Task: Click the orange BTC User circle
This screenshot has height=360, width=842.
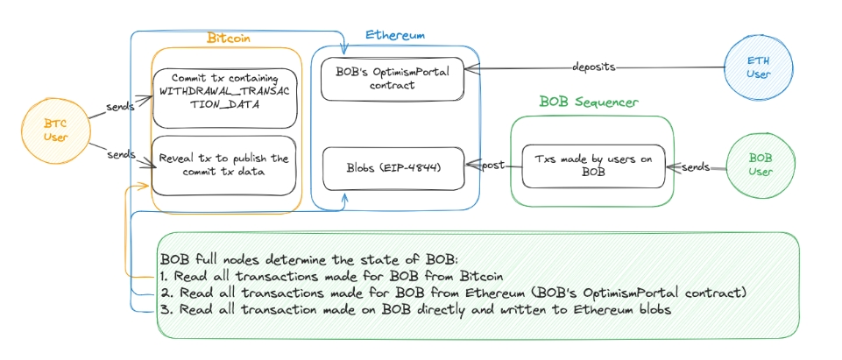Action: tap(44, 132)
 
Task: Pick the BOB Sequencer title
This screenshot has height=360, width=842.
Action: tap(588, 102)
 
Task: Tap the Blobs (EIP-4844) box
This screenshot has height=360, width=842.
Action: tap(393, 168)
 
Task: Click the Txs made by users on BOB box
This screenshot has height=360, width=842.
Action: tap(592, 166)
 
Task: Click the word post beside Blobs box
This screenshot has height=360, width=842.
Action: tap(492, 166)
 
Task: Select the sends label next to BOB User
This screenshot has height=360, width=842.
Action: tap(697, 166)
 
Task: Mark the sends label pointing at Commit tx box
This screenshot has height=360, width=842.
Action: tap(121, 106)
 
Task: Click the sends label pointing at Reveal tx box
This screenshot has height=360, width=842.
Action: tap(121, 154)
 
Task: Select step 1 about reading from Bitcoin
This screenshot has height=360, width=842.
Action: tap(316, 276)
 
